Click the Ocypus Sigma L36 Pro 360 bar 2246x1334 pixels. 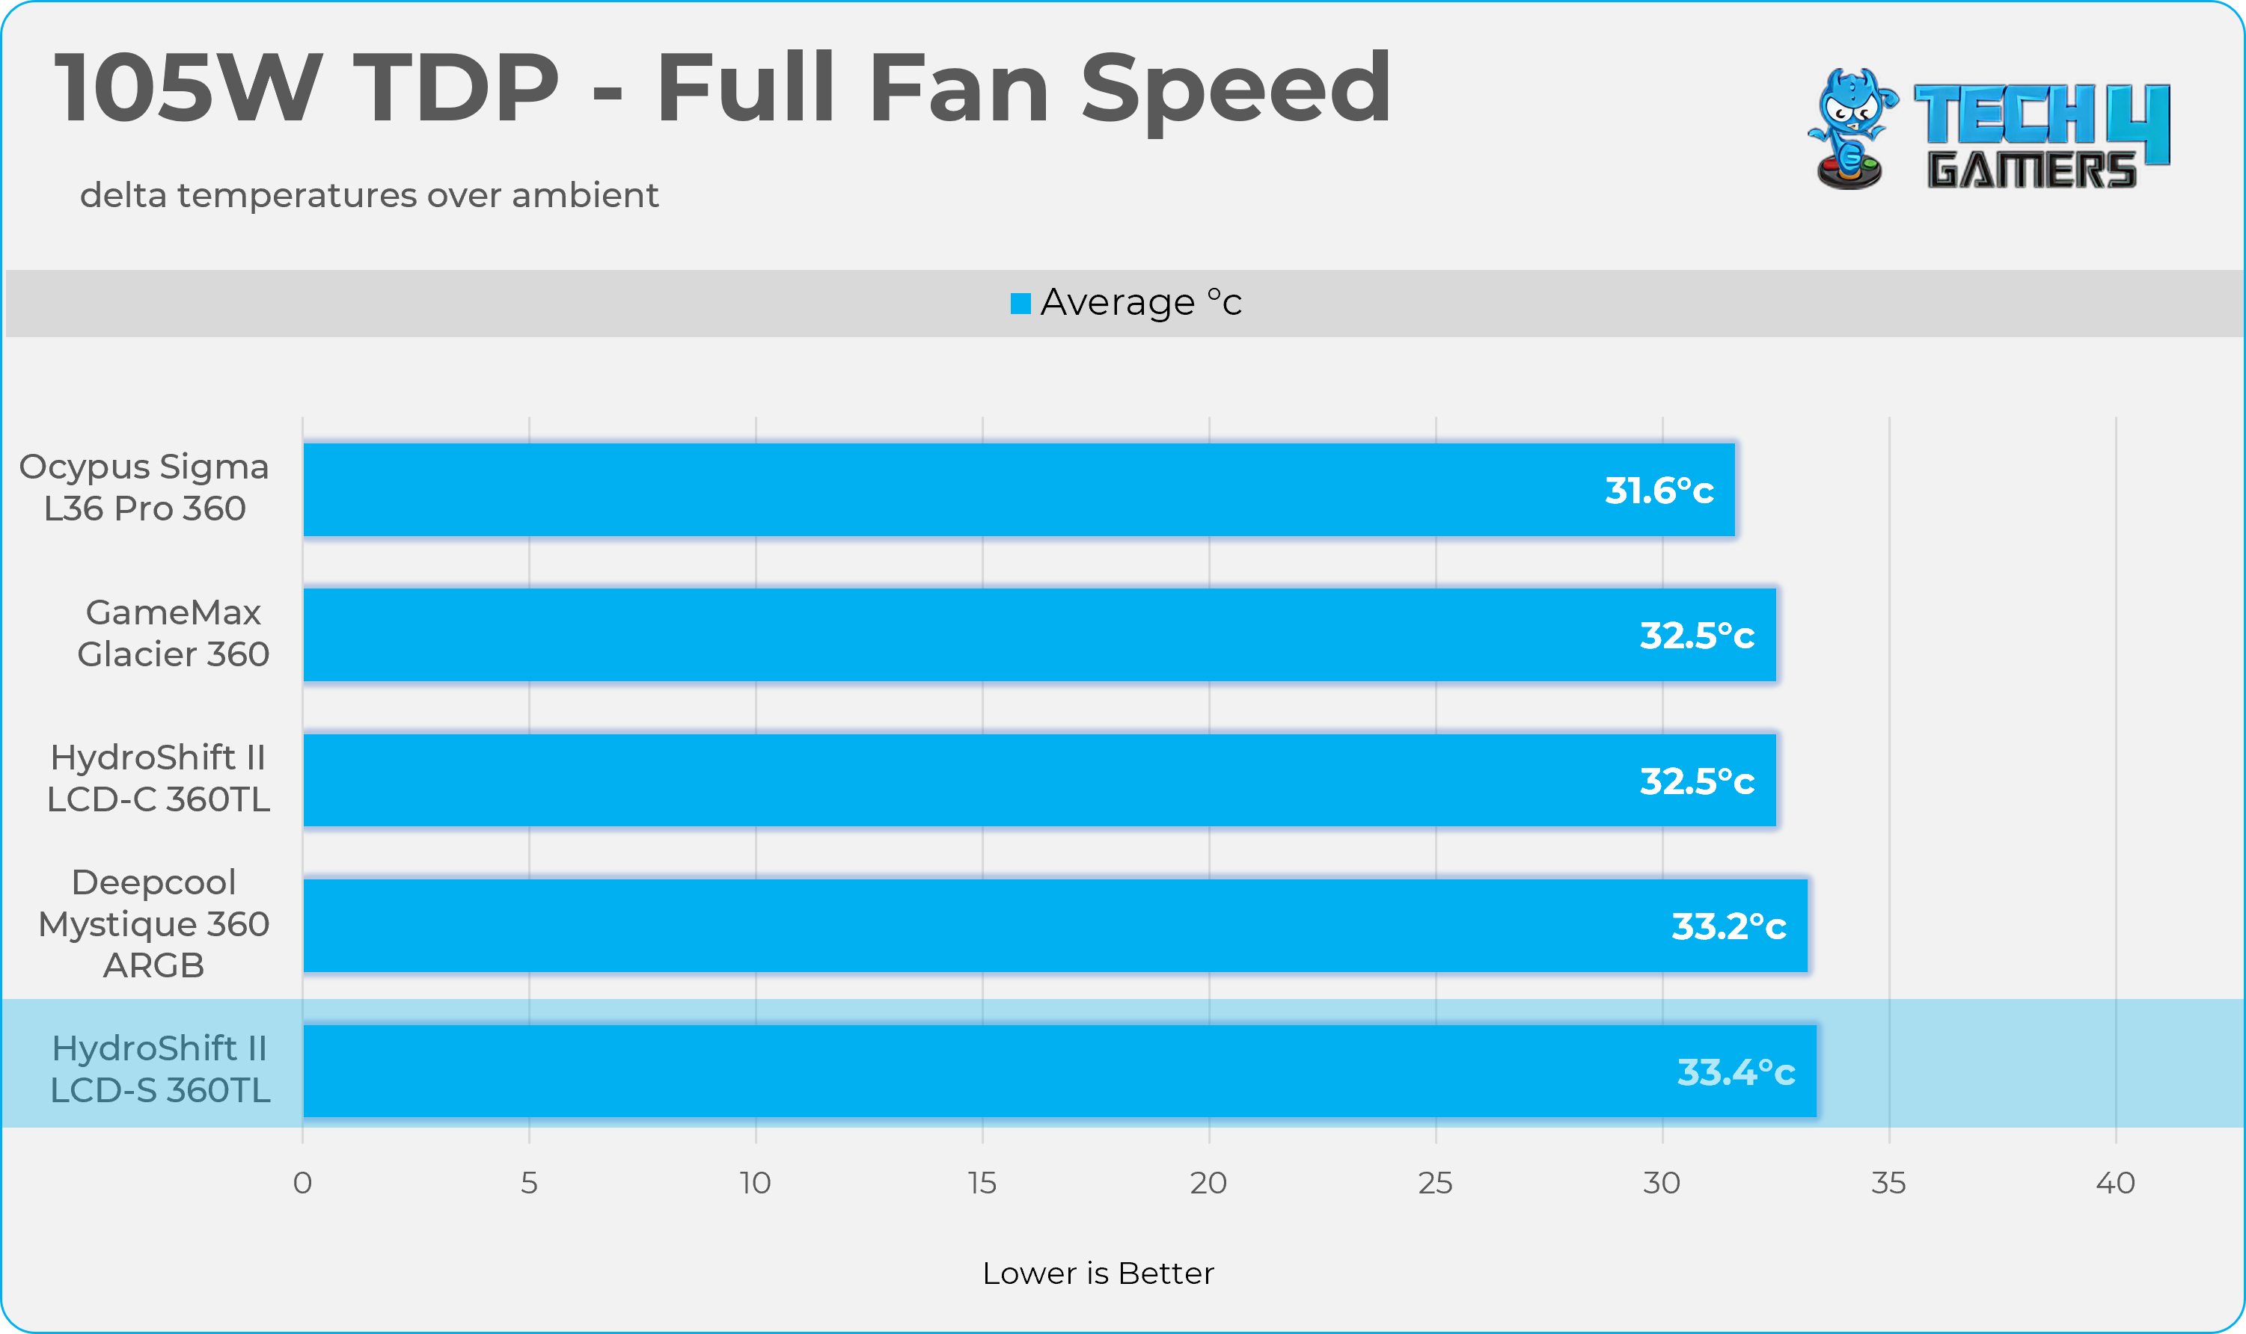1019,490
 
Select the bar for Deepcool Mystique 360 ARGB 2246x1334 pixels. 1055,926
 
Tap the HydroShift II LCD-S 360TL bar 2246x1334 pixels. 1059,1072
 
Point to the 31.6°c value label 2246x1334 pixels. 1659,491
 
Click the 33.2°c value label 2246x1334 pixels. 1728,926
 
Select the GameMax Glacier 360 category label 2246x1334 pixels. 173,633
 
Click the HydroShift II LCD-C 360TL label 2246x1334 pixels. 159,778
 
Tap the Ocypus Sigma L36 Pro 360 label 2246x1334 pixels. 144,488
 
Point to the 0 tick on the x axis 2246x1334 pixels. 303,1183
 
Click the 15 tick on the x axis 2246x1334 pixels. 982,1183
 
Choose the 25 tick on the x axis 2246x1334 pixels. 1435,1183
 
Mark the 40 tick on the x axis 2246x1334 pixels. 2115,1183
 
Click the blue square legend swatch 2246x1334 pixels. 1020,304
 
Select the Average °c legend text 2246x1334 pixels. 1140,303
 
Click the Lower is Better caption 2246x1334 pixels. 1098,1273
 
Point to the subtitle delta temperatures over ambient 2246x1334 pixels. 369,195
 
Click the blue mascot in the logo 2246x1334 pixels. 1850,129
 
